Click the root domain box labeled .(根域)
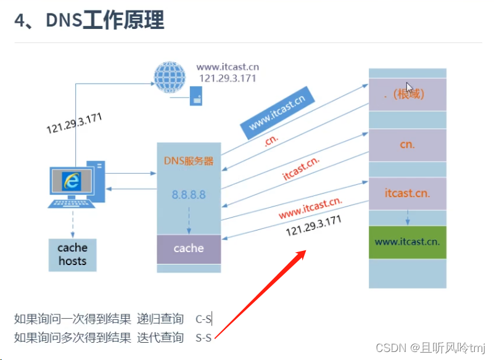pos(407,94)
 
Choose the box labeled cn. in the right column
pos(407,145)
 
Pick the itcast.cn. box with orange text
pos(407,193)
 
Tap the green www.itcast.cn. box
pos(407,242)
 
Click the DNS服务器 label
pos(189,161)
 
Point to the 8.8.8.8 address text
pos(189,195)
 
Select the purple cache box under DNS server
pos(189,248)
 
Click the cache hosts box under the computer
pos(73,254)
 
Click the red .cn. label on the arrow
pos(271,139)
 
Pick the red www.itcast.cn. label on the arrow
pos(310,208)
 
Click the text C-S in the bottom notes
pos(204,319)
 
